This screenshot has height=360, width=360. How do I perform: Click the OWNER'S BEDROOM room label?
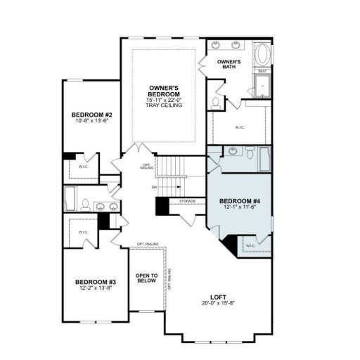tap(165, 91)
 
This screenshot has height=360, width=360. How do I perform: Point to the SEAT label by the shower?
tap(261, 71)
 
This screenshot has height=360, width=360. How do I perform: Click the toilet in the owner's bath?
tap(214, 101)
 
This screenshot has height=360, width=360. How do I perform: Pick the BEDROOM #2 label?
tap(92, 115)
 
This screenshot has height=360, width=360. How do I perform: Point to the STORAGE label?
tap(187, 201)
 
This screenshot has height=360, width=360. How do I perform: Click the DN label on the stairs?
tap(154, 188)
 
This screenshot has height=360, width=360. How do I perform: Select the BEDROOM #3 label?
tap(96, 282)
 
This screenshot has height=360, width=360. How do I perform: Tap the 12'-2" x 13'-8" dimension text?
tap(96, 289)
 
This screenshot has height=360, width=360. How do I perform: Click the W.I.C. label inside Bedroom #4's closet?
tap(251, 245)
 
